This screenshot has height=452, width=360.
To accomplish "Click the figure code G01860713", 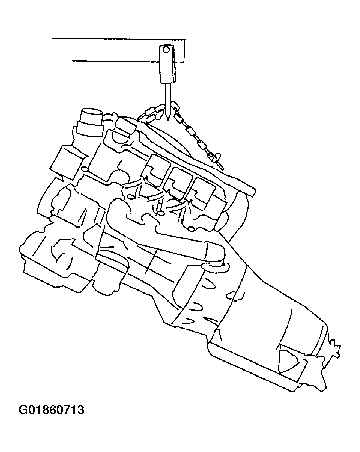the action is pyautogui.click(x=51, y=410).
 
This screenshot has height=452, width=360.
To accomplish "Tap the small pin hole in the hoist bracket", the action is pyautogui.click(x=166, y=49).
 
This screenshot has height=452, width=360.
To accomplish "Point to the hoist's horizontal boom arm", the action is pyautogui.click(x=118, y=50).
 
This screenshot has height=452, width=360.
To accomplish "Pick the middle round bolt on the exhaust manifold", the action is pyautogui.click(x=161, y=213).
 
